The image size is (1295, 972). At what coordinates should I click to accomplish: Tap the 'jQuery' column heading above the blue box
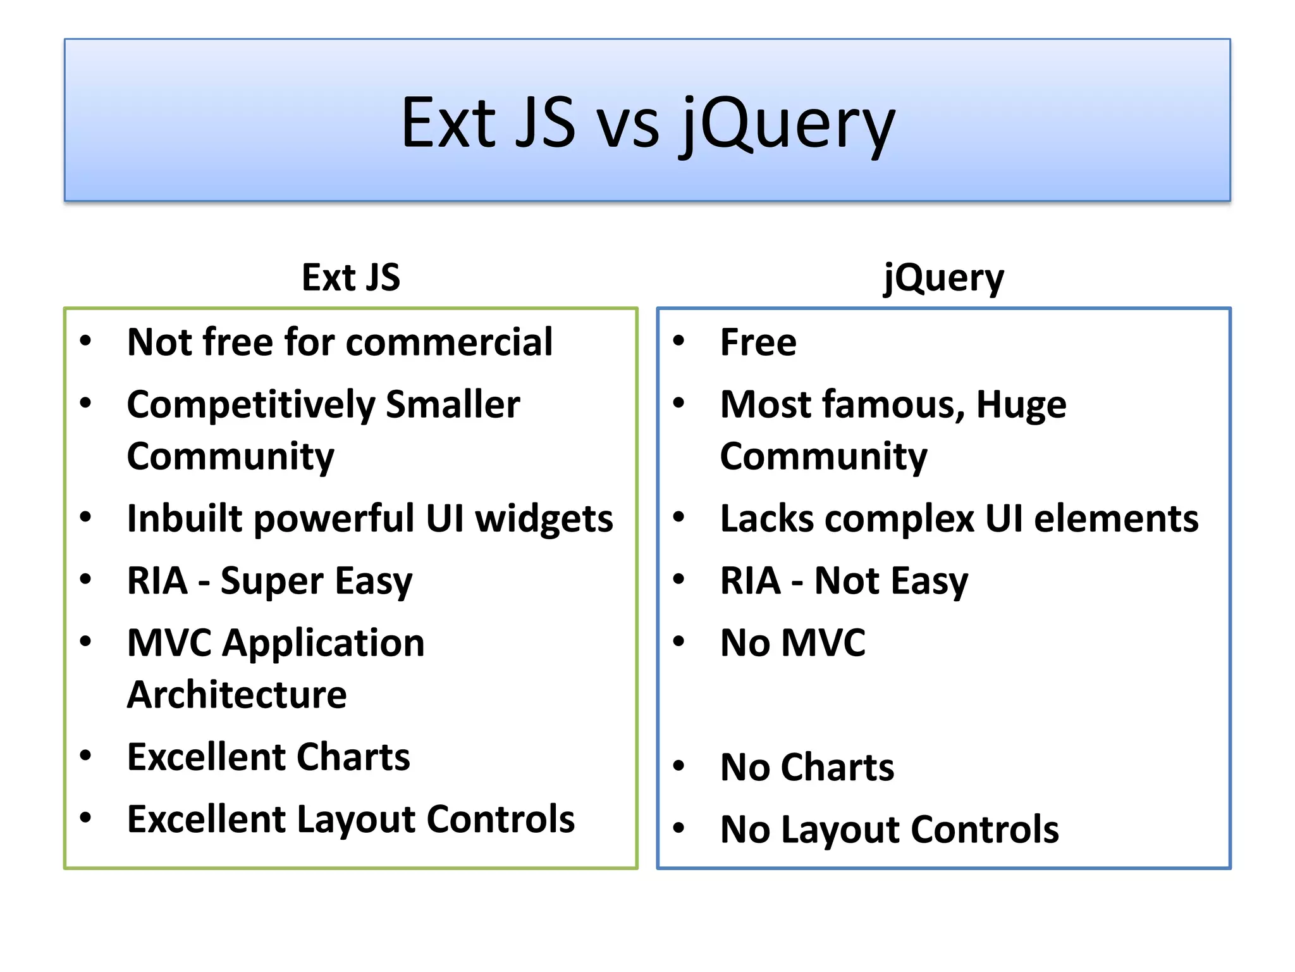pyautogui.click(x=943, y=278)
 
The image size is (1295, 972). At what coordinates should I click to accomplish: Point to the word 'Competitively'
pyautogui.click(x=251, y=405)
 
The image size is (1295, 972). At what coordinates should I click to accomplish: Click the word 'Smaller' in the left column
pyautogui.click(x=453, y=404)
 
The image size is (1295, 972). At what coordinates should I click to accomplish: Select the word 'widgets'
pyautogui.click(x=544, y=519)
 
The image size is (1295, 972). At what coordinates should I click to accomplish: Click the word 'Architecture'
pyautogui.click(x=236, y=695)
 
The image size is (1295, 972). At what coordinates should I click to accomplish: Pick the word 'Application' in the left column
pyautogui.click(x=323, y=643)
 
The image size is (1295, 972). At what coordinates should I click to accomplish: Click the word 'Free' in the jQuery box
pyautogui.click(x=758, y=342)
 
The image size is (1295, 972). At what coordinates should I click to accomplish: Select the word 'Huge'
pyautogui.click(x=1021, y=404)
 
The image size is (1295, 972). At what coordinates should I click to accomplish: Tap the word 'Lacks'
pyautogui.click(x=766, y=519)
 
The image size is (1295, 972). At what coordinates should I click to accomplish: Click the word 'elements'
pyautogui.click(x=1116, y=519)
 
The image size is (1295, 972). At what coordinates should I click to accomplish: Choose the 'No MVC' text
pyautogui.click(x=792, y=643)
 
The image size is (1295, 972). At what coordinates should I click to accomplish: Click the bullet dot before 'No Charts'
pyautogui.click(x=678, y=766)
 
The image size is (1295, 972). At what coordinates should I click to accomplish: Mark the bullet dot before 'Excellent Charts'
pyautogui.click(x=86, y=756)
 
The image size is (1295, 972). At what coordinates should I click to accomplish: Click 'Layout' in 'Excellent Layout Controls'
pyautogui.click(x=355, y=819)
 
